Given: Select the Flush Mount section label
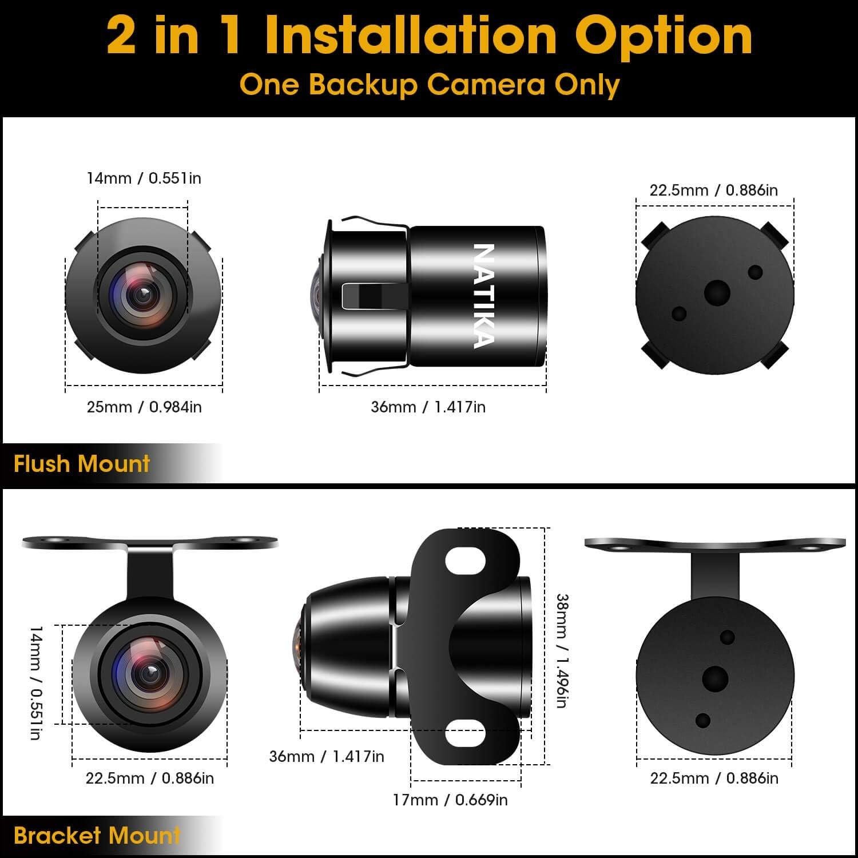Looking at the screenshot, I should coord(81,463).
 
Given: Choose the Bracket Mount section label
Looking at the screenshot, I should coord(97,836).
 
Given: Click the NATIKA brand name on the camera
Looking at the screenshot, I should coord(483,296).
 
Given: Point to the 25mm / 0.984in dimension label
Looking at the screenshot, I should coord(144,407).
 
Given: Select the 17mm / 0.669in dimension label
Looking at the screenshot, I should coord(450,799).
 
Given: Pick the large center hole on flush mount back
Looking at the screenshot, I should coord(717,293).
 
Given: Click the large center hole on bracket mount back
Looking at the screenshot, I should coord(715,679).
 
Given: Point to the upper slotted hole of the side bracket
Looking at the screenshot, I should coord(465,560).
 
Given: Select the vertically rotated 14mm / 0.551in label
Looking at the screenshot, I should coord(35,682).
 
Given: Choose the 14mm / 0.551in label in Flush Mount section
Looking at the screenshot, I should coord(144,178).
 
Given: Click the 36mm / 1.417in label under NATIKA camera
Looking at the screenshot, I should coord(428,407).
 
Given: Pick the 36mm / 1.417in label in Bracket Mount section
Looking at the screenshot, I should coord(327,756).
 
